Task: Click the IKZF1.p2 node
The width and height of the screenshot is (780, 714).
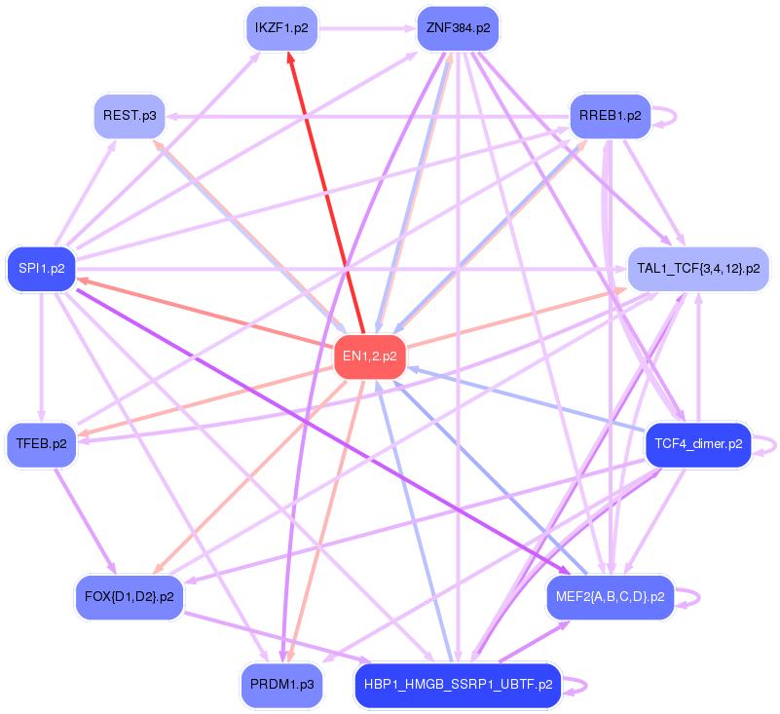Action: tap(281, 28)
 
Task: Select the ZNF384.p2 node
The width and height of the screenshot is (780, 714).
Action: tap(457, 28)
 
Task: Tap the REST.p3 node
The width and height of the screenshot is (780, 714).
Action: tap(129, 116)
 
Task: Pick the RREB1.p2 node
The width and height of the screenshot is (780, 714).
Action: tap(610, 116)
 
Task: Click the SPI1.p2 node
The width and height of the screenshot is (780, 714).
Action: tap(42, 268)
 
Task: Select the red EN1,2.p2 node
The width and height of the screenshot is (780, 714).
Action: tap(369, 357)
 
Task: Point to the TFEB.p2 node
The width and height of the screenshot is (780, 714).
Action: tap(42, 444)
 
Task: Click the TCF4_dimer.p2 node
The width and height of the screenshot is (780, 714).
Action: tap(698, 444)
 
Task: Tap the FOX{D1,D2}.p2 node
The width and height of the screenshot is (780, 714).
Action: tap(130, 596)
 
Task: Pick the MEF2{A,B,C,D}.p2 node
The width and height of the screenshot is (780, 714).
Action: tap(610, 596)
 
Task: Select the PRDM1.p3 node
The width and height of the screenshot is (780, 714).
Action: tap(280, 685)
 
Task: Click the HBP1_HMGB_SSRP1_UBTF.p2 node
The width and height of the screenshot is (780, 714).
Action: tap(458, 685)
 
